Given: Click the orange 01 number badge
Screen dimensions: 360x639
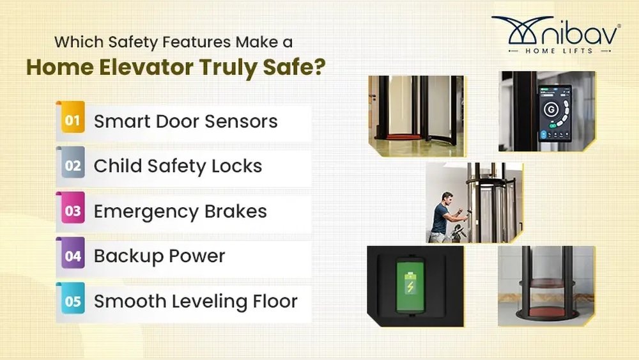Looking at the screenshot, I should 73,121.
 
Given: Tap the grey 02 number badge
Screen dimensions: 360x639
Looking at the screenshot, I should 73,166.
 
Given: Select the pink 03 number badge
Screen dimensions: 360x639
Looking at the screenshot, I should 73,211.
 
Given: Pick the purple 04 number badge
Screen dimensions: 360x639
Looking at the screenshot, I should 73,256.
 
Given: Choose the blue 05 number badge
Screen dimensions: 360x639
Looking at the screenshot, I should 73,301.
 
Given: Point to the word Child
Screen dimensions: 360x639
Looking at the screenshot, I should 118,166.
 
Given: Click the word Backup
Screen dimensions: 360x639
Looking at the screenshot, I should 126,256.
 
